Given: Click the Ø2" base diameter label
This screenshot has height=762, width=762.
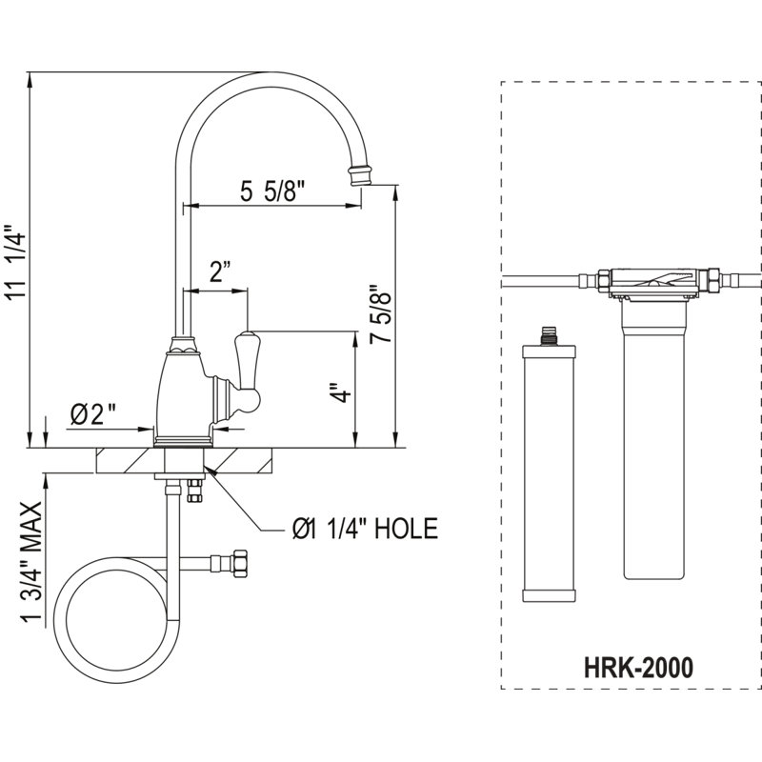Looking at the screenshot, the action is click(93, 414).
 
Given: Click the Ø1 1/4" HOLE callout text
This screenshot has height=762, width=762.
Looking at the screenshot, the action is click(365, 529).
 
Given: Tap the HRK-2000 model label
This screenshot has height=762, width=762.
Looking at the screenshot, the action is click(638, 668).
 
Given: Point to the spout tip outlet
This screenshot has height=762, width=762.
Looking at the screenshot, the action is click(360, 175).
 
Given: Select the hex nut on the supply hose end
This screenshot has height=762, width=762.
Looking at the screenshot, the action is click(241, 564).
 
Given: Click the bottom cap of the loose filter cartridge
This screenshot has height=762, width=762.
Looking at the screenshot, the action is click(549, 596).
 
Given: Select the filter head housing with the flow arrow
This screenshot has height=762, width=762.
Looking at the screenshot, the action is click(654, 281).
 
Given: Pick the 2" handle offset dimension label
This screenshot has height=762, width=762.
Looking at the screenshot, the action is click(220, 271).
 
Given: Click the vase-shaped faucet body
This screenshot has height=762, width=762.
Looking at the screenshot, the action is click(183, 393).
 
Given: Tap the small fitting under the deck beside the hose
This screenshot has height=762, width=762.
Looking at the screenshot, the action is click(195, 491).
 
